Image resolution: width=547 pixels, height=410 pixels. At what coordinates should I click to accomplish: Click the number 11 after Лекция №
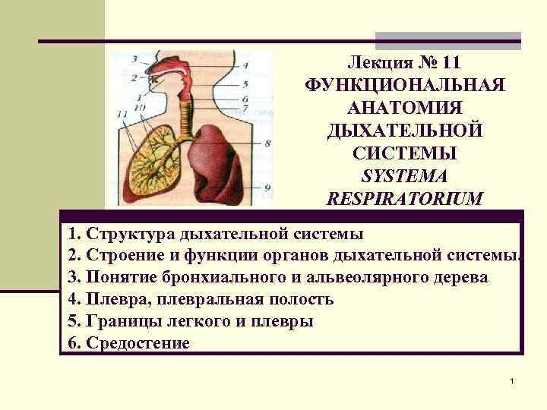(456, 60)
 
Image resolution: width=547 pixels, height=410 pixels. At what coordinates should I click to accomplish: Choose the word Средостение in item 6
(138, 343)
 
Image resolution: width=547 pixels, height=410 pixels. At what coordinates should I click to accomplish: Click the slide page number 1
(514, 379)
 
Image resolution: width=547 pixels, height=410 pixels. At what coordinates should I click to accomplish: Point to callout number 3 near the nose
(134, 58)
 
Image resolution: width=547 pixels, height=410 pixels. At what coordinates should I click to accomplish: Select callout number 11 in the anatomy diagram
(122, 113)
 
